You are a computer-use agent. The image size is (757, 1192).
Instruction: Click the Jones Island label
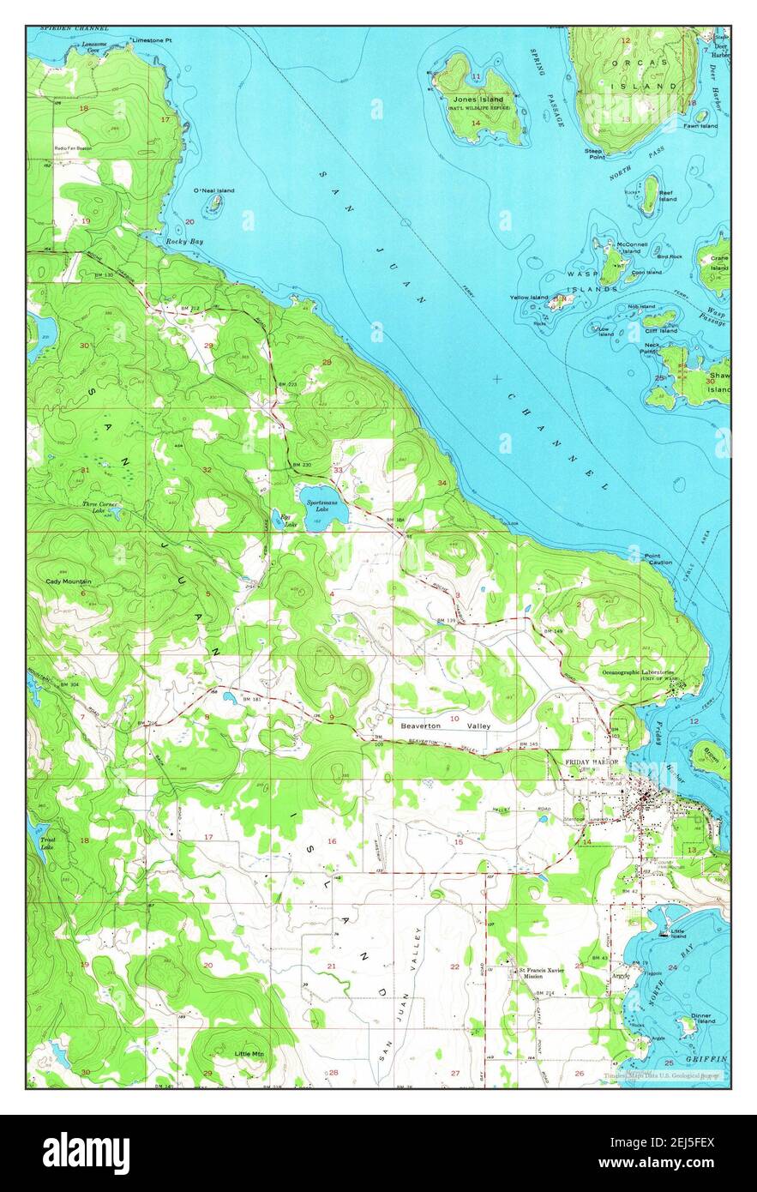click(478, 99)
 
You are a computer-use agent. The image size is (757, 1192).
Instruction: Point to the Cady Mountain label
click(69, 581)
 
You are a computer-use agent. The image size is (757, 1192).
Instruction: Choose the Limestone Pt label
click(152, 40)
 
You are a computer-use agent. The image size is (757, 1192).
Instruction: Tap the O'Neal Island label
click(213, 190)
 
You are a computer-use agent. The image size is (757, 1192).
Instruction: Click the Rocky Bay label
click(184, 243)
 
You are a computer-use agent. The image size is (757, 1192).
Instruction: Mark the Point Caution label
click(658, 558)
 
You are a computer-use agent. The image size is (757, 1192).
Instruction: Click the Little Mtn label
click(249, 1053)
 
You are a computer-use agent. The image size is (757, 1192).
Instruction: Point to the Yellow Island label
click(528, 298)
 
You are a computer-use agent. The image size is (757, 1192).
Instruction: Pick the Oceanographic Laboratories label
click(637, 672)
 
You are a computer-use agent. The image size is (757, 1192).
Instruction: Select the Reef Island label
click(667, 196)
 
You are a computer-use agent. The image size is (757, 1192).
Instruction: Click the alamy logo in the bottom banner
click(87, 1153)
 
